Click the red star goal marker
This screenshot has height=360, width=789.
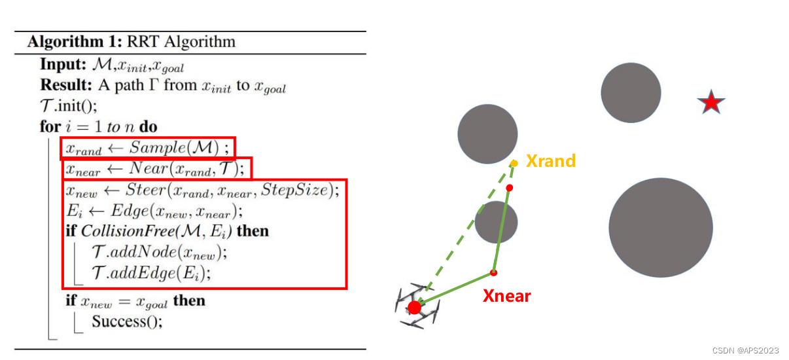[710, 103]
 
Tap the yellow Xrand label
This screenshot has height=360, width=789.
[551, 161]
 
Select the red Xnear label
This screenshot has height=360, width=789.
[506, 296]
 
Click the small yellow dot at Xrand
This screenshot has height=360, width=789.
[514, 163]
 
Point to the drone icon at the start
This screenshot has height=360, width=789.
[415, 307]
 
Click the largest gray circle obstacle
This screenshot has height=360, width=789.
[661, 226]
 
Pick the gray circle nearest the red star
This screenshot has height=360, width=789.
[631, 93]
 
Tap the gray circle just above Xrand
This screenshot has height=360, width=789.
[487, 134]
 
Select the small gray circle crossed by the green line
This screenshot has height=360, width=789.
[496, 223]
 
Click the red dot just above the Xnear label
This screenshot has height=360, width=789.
[494, 272]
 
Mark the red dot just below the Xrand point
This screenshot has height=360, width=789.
[509, 188]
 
